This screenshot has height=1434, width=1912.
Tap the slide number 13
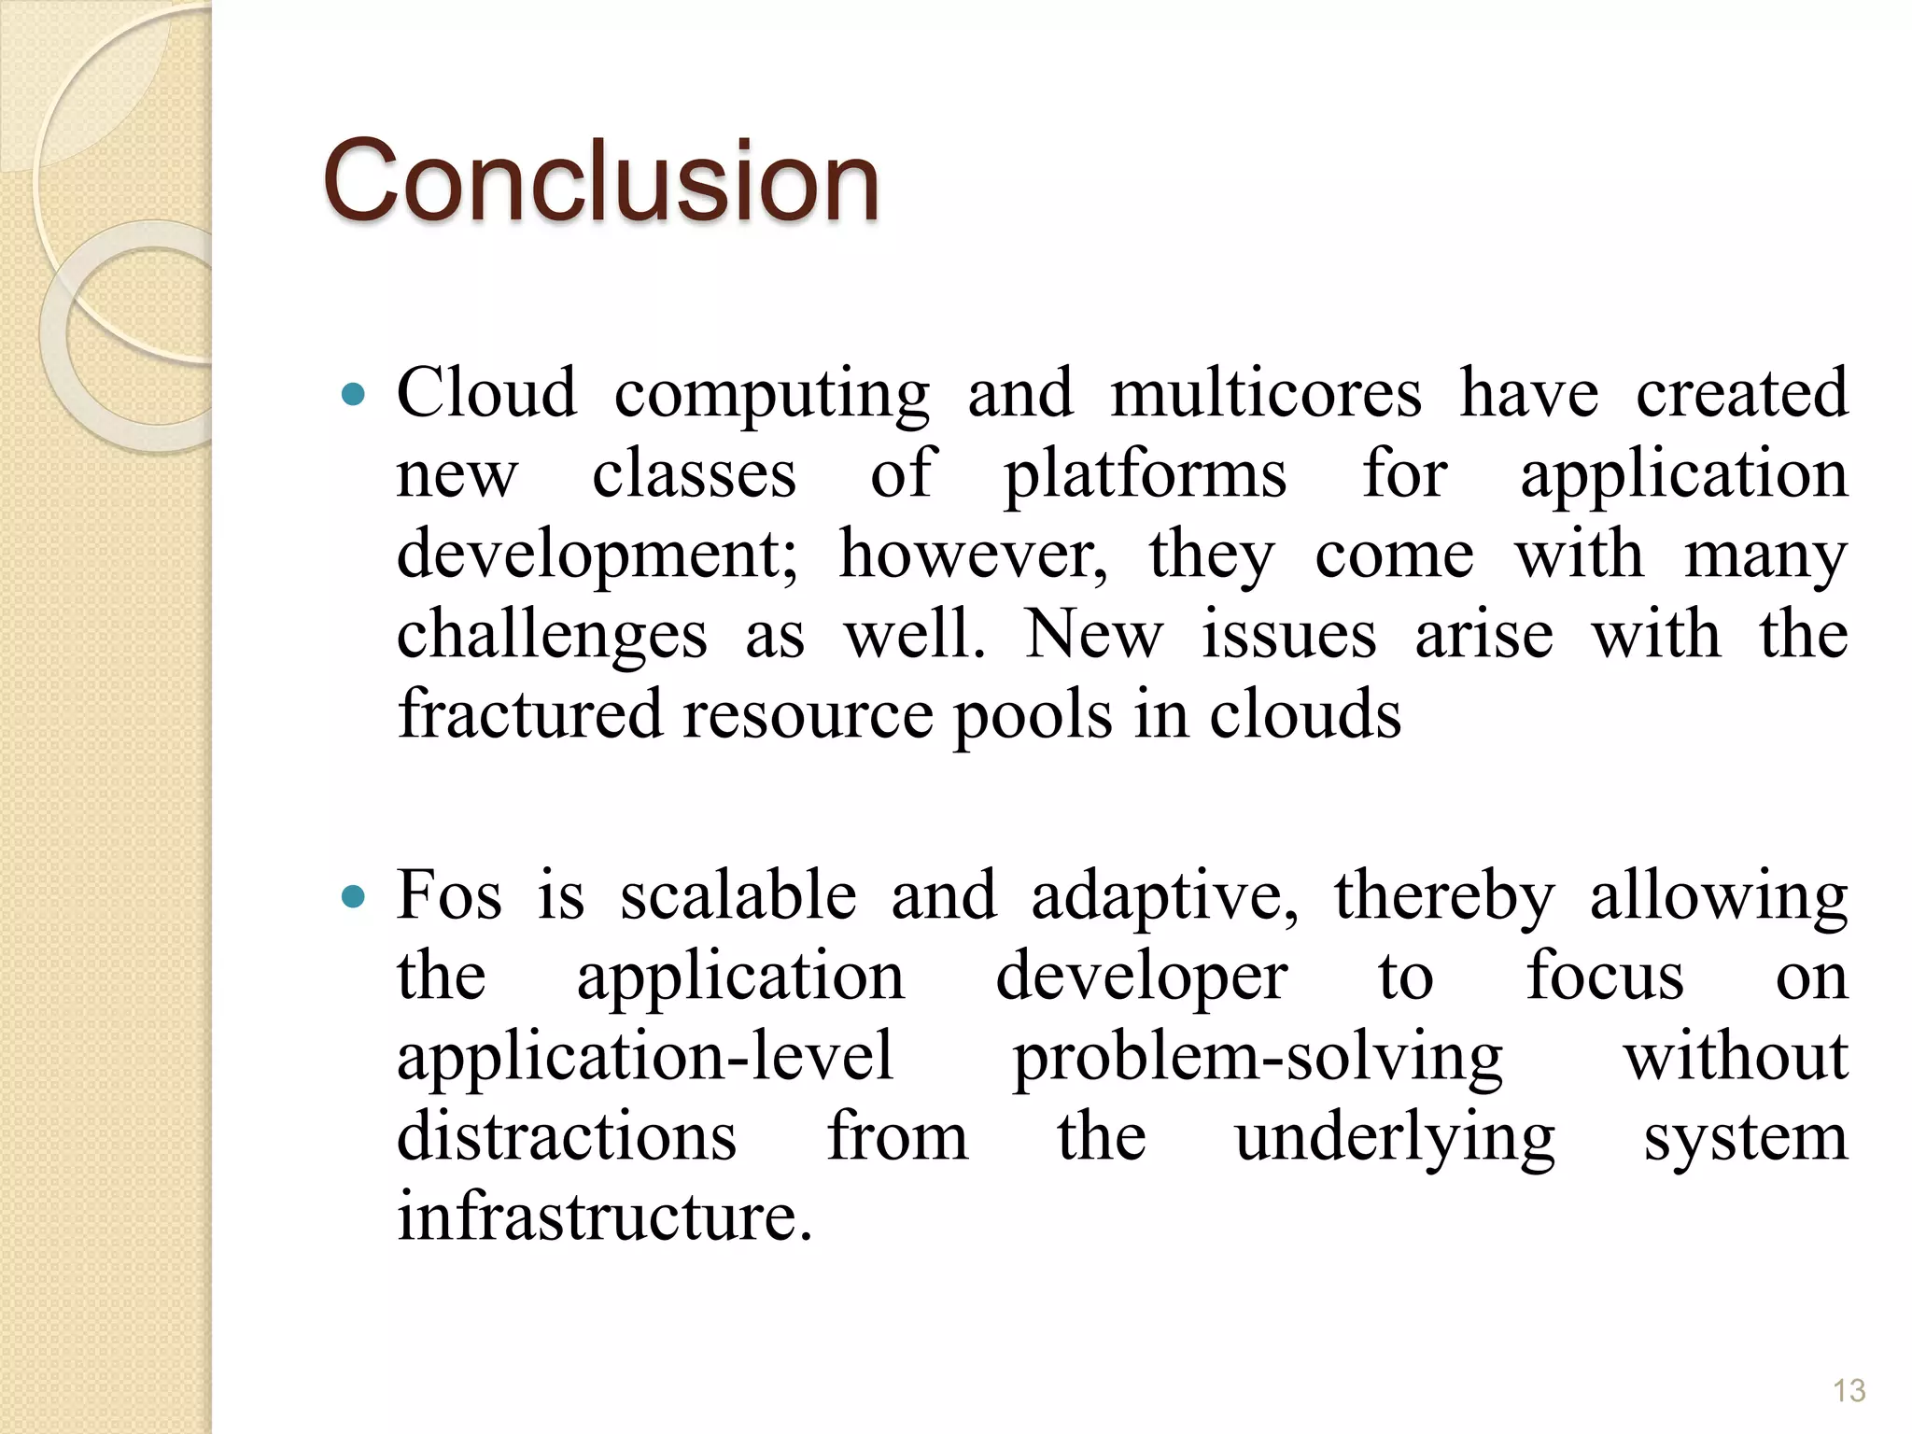pos(1849,1390)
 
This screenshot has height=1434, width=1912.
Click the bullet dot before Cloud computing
pos(354,396)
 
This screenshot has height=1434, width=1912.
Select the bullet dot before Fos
pos(354,898)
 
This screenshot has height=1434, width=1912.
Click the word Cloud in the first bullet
pos(486,393)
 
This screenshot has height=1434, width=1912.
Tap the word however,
pos(974,555)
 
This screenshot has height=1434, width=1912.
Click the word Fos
pos(449,896)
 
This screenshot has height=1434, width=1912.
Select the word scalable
pos(738,896)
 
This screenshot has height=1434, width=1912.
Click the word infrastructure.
pos(604,1218)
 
